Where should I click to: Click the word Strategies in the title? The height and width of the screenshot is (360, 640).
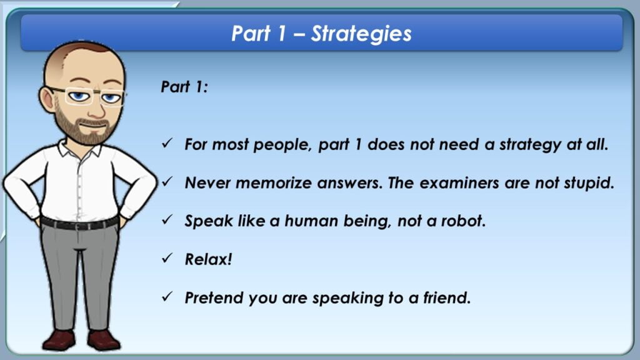pyautogui.click(x=361, y=34)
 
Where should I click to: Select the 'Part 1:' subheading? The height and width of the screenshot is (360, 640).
pyautogui.click(x=184, y=87)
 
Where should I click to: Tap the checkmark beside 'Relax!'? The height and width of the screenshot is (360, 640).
pyautogui.click(x=167, y=258)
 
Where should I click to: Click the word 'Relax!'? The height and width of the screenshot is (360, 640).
pyautogui.click(x=209, y=259)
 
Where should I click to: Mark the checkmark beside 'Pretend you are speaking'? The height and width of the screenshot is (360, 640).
pyautogui.click(x=167, y=296)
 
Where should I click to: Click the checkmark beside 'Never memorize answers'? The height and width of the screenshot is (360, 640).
pyautogui.click(x=167, y=182)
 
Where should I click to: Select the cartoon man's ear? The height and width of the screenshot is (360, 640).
pyautogui.click(x=47, y=99)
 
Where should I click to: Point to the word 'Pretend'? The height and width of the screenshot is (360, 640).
pyautogui.click(x=214, y=297)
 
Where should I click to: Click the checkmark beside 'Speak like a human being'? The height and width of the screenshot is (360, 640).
pyautogui.click(x=167, y=219)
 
